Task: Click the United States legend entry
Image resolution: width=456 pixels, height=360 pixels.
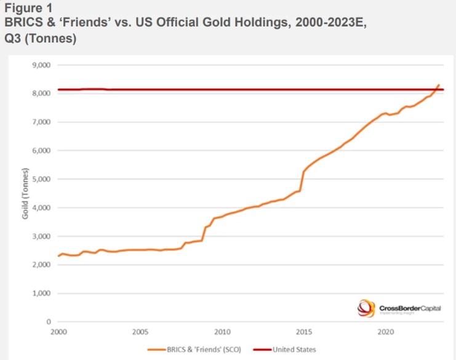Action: pos(292,350)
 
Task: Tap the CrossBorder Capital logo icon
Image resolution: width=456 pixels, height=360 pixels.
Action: pos(366,307)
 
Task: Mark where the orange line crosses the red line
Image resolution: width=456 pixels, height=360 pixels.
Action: pos(436,90)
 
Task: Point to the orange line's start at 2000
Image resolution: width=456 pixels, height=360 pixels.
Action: pos(58,256)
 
